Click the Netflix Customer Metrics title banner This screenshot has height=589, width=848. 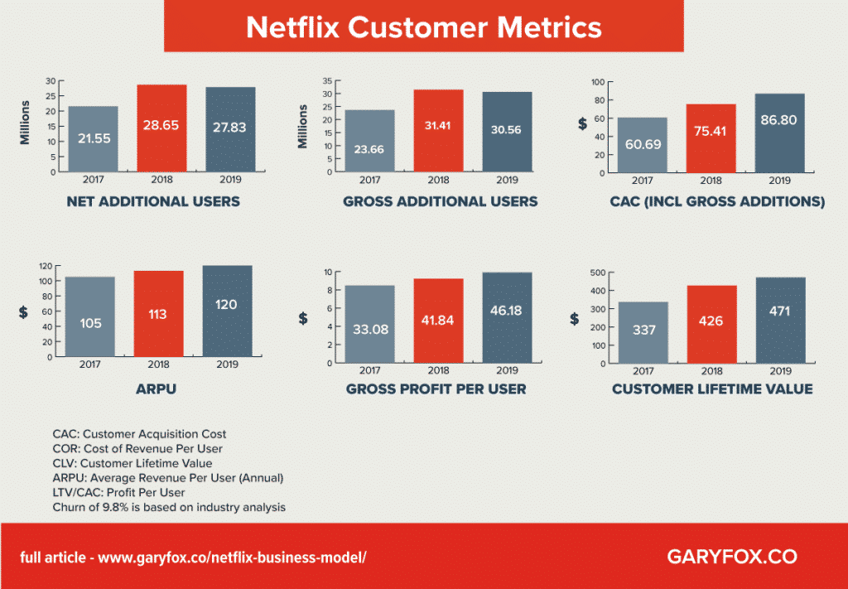tap(423, 27)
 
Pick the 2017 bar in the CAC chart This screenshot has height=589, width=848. tap(643, 146)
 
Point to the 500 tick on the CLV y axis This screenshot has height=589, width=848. tap(595, 273)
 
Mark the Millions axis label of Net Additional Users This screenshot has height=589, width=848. tap(25, 123)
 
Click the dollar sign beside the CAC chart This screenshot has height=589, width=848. tap(582, 123)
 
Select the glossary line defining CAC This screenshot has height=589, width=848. tap(139, 433)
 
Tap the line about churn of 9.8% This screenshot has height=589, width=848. tap(169, 507)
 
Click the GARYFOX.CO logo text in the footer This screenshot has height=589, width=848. tap(731, 557)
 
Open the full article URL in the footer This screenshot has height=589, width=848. tap(193, 558)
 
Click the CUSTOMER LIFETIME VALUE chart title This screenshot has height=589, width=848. tap(711, 389)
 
